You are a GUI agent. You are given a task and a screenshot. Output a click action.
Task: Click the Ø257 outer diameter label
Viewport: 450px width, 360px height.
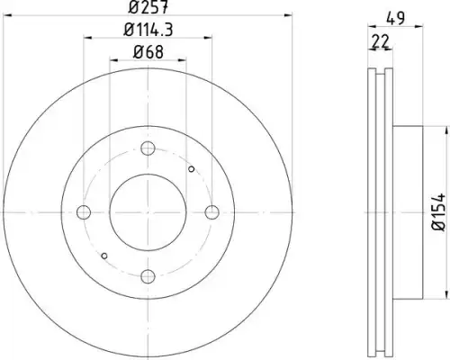pyautogui.click(x=148, y=7)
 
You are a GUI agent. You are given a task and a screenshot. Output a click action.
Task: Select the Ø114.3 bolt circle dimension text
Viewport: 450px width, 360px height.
pyautogui.click(x=148, y=30)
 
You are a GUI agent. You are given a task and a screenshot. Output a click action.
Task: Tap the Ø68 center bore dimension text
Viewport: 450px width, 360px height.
pyautogui.click(x=148, y=52)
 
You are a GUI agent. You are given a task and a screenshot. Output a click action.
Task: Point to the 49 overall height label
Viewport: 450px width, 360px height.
pyautogui.click(x=395, y=18)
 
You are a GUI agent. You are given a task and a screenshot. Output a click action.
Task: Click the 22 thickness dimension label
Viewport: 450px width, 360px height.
pyautogui.click(x=380, y=41)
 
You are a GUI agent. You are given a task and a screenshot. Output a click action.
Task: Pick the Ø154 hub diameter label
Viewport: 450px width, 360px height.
pyautogui.click(x=439, y=212)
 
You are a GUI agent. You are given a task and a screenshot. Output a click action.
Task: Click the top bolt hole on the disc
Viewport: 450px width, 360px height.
pyautogui.click(x=148, y=148)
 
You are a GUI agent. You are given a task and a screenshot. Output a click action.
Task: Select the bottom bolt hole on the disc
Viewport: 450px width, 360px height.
pyautogui.click(x=148, y=276)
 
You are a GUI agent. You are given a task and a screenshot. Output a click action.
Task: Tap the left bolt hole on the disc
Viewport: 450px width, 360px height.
pyautogui.click(x=84, y=212)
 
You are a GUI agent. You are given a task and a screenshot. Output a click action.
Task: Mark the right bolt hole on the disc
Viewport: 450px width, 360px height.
pyautogui.click(x=212, y=212)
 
